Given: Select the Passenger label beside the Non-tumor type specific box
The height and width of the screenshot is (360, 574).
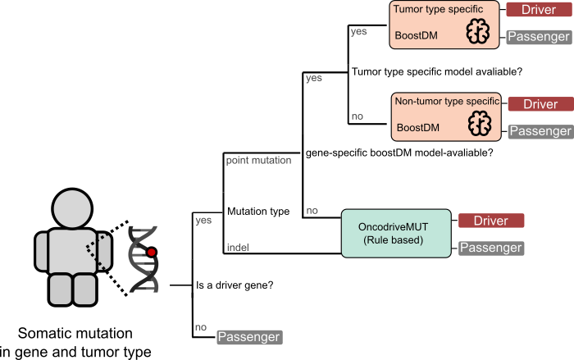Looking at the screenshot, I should point(540,131).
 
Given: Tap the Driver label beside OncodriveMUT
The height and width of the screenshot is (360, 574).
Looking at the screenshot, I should point(490,221).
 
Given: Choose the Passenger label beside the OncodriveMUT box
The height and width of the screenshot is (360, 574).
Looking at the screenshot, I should point(490,248).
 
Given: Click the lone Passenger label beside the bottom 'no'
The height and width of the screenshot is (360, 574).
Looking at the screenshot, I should point(249,337).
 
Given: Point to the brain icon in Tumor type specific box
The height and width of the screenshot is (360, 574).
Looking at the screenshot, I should point(477,32).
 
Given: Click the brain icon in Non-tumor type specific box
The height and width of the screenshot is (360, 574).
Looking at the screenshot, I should point(479,125).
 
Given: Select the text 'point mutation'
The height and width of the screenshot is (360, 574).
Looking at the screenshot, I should point(258,161).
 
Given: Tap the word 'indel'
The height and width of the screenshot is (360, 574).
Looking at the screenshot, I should point(238,248).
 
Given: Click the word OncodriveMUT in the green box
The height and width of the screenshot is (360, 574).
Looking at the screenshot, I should point(394,226).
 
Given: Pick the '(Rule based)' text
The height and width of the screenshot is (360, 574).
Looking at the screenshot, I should point(393,240).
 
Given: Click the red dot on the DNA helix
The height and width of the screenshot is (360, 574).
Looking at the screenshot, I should point(151,253).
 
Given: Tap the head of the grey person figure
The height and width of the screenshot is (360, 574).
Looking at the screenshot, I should point(73,212).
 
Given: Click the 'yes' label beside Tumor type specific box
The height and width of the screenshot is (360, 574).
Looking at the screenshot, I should point(358,32).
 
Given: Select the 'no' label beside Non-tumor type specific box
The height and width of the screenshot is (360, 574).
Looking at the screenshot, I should point(357,116).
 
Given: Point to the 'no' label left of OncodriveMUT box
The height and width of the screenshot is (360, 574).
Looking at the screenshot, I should point(312,211).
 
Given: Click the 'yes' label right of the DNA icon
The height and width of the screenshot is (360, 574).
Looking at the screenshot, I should point(203,221).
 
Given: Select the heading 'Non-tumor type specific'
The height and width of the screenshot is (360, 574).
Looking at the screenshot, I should point(447,102).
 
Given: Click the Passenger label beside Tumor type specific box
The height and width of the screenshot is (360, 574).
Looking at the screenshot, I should point(539,37).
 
